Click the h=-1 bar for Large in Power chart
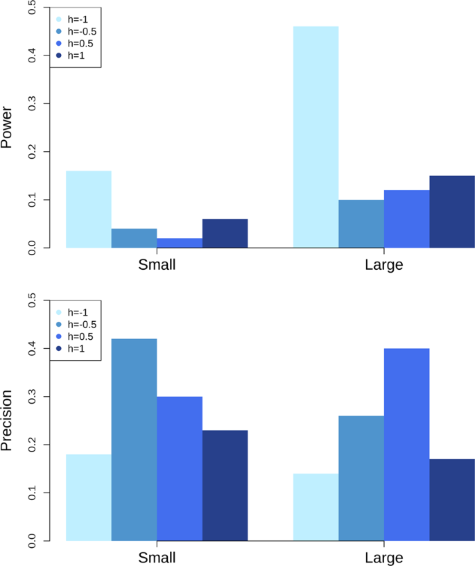[x=316, y=137]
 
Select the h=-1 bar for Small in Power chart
[x=88, y=209]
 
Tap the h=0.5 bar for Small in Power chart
[x=180, y=243]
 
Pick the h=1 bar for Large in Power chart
[x=452, y=212]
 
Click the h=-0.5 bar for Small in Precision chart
[x=134, y=440]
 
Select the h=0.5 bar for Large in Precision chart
[x=406, y=445]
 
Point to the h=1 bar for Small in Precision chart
[x=225, y=486]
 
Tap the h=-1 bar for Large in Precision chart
[x=316, y=507]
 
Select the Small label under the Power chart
[x=157, y=265]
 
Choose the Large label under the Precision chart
[x=383, y=558]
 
